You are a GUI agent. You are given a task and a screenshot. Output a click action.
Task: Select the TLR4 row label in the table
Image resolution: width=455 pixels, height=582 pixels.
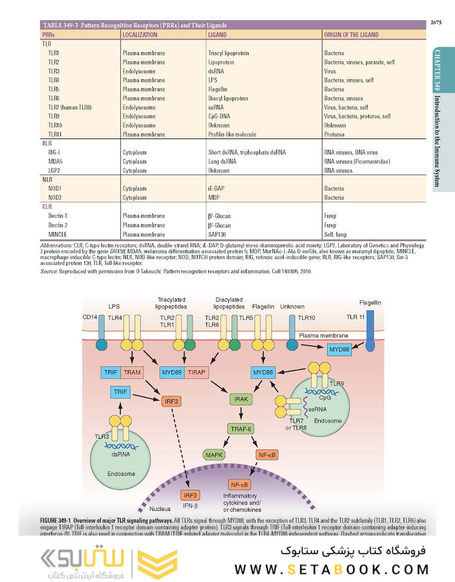[53, 80]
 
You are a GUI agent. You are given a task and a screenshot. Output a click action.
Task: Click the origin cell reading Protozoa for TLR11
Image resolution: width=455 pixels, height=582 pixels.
[335, 134]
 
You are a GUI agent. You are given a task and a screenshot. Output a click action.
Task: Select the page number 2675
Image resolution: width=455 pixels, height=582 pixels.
[437, 22]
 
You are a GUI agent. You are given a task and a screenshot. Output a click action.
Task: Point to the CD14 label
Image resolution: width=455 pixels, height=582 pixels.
[90, 318]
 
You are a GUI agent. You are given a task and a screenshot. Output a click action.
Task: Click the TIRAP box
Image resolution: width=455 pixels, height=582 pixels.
[198, 372]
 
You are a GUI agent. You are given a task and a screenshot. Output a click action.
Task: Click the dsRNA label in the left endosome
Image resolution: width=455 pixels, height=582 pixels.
[120, 454]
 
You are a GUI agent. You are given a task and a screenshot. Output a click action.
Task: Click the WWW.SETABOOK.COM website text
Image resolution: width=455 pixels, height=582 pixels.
[332, 569]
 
